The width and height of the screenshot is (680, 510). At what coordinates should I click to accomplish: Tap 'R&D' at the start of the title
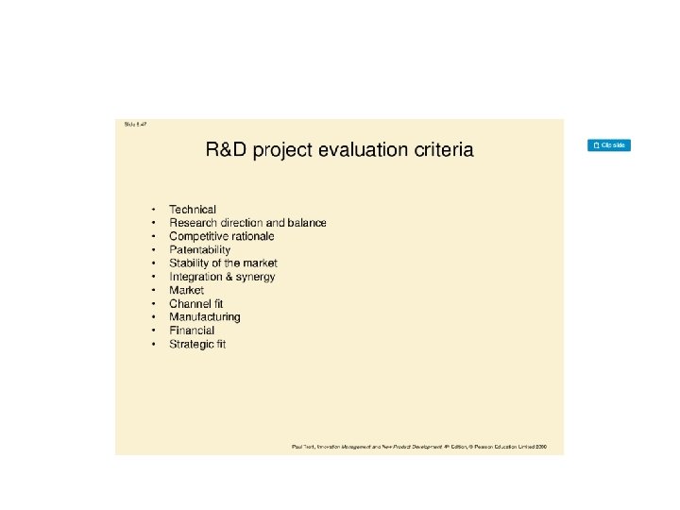tap(227, 149)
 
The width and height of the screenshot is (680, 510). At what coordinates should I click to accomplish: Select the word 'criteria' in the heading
tap(438, 149)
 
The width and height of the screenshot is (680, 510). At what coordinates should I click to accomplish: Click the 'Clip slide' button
tap(609, 144)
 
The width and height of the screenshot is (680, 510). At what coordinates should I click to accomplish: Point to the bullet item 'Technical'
tap(193, 209)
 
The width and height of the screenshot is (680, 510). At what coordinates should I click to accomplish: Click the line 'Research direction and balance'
tap(247, 223)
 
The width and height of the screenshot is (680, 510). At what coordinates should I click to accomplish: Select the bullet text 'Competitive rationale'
tap(222, 236)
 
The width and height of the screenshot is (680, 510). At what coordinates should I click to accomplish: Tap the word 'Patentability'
tap(199, 250)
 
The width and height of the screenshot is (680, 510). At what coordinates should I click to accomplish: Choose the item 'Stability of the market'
tap(223, 263)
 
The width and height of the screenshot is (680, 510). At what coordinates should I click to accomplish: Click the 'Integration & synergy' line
tap(222, 277)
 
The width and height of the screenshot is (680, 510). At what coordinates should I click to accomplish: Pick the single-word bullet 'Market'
tap(186, 290)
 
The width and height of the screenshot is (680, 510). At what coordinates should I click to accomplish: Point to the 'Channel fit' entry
tap(195, 304)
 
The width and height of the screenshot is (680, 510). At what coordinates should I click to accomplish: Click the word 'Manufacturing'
tap(205, 317)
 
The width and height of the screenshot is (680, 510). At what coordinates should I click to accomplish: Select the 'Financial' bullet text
tap(192, 331)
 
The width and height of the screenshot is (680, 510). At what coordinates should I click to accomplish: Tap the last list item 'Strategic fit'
tap(197, 345)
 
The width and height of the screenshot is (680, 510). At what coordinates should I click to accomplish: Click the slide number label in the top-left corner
tap(135, 124)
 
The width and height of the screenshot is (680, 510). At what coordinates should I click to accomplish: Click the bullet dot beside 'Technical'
tap(152, 210)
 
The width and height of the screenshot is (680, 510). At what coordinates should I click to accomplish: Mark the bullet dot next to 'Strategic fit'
tap(152, 345)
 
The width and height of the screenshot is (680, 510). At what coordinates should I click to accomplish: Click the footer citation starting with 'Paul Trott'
tap(419, 446)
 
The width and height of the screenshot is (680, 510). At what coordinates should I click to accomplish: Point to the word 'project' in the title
tap(281, 150)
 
